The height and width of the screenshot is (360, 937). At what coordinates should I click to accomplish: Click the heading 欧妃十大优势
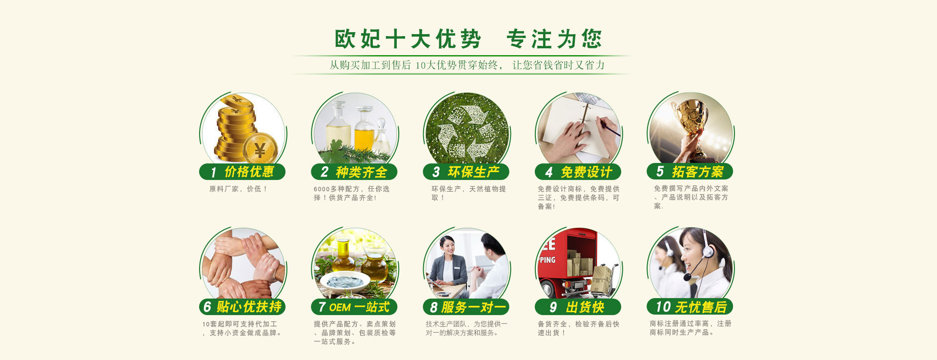point(407,39)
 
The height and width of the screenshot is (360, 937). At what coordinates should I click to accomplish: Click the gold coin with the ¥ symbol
point(260,148)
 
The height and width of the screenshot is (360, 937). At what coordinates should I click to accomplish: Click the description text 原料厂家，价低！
point(238,189)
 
